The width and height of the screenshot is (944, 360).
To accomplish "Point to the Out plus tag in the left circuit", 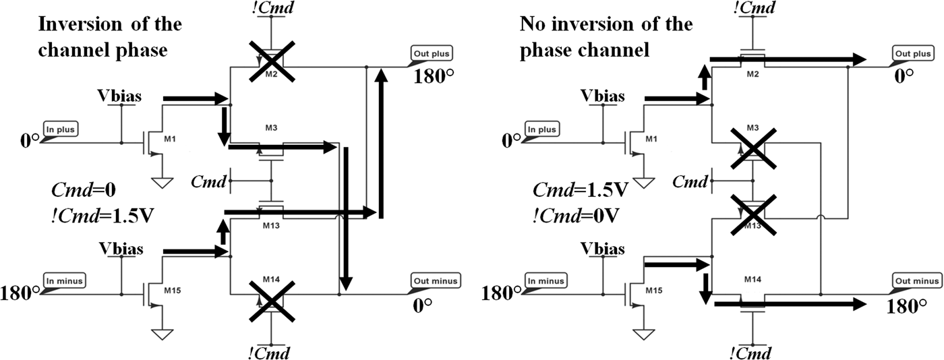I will [432, 53].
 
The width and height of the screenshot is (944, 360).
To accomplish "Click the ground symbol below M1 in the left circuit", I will [163, 182].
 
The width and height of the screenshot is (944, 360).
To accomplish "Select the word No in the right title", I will [533, 24].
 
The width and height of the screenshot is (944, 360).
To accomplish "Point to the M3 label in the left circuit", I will [270, 128].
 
